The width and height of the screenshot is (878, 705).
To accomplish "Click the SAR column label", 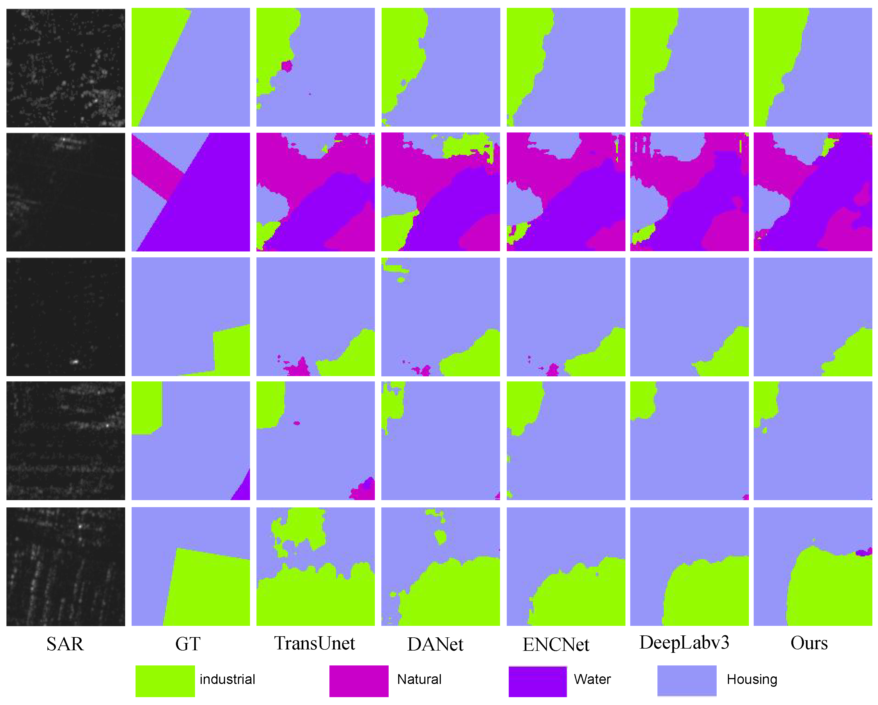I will (65, 644).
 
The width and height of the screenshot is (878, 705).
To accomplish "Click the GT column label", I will (188, 644).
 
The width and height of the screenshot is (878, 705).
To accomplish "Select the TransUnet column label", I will (314, 643).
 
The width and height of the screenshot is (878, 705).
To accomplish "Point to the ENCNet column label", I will (556, 644).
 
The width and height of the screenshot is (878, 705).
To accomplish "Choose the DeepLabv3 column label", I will (684, 643).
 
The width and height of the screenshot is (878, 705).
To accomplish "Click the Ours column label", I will (809, 643).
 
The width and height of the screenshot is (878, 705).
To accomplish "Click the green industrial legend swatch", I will (165, 681).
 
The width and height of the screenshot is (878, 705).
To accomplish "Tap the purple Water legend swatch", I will (538, 681).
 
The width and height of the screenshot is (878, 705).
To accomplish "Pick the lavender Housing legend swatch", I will (687, 681).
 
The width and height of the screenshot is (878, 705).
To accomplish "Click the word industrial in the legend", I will (227, 679).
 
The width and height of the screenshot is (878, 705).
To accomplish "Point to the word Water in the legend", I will (592, 679).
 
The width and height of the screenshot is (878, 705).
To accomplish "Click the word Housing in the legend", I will (752, 679).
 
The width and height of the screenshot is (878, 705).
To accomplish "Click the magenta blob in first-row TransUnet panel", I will (287, 66).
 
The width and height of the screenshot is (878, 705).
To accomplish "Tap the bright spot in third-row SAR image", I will (75, 361).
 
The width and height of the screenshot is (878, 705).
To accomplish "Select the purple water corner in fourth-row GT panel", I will (244, 491).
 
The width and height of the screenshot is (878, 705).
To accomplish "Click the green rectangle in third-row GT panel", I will (231, 350).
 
